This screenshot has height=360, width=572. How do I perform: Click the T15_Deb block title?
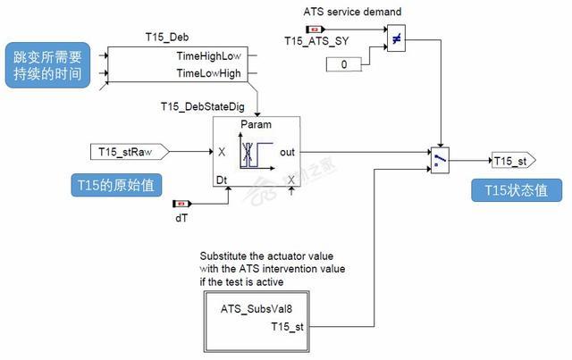167,38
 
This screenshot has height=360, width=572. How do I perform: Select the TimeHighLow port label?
208,56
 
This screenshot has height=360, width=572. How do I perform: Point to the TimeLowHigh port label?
208,74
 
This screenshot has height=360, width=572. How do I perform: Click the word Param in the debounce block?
257,125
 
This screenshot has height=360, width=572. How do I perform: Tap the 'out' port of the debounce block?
287,152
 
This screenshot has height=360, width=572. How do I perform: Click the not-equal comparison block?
397,38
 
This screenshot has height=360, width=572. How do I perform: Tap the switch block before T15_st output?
439,159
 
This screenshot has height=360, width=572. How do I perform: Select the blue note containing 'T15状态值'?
516,189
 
